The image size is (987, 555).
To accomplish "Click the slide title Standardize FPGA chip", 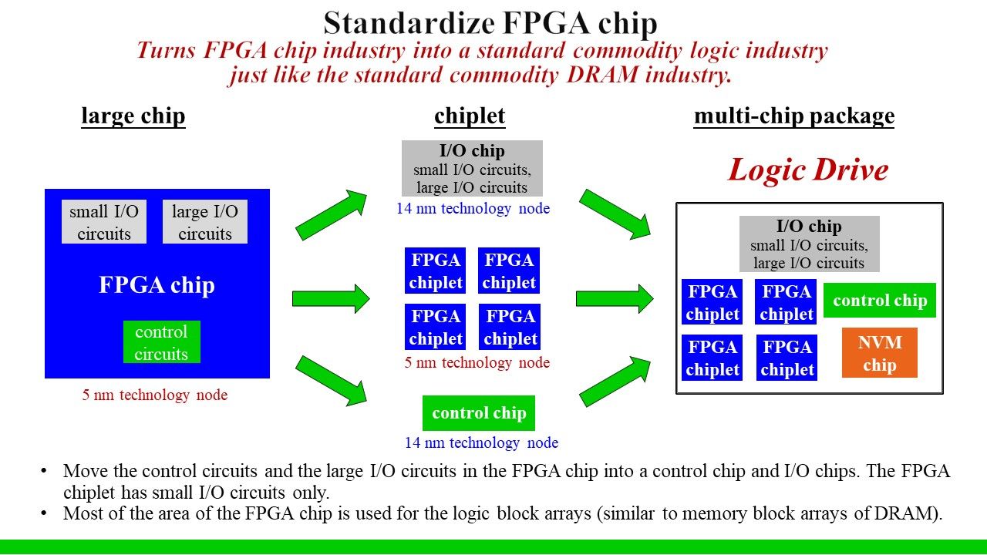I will [490, 23].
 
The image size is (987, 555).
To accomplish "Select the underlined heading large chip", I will [133, 116].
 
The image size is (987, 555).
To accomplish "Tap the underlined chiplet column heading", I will [470, 116].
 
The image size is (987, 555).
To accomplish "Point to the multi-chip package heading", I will [794, 116].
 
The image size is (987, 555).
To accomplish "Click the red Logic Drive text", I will [808, 170].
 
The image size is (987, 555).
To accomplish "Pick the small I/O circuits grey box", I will [104, 222].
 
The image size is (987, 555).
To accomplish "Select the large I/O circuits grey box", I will [205, 222].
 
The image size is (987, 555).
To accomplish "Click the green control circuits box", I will [161, 342].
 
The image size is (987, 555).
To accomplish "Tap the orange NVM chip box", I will [879, 353].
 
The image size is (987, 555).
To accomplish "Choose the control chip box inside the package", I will [880, 301].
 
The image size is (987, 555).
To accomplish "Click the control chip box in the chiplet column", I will [479, 413].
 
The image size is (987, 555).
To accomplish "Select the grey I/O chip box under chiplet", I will [472, 168].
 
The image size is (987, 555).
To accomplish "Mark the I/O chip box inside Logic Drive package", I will [809, 244].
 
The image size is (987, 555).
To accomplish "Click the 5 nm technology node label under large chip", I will [155, 395].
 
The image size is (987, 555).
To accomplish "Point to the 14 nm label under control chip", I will [481, 443].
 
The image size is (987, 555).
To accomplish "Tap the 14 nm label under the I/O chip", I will [473, 209].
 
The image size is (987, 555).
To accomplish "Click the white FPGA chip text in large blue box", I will [157, 285].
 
